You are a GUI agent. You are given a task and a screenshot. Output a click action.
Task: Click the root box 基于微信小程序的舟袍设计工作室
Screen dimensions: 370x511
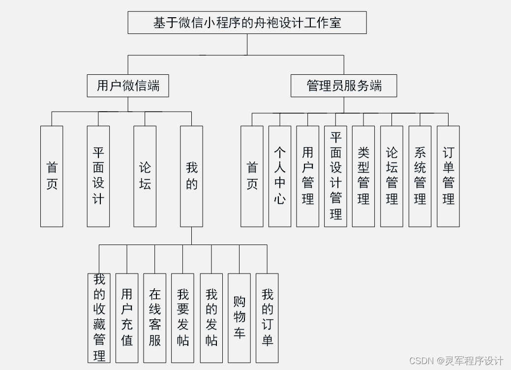coord(247,23)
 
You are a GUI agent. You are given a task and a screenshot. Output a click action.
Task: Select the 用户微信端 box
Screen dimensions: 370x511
coord(128,86)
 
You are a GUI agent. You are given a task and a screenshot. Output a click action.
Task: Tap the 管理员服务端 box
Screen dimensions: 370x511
coord(344,86)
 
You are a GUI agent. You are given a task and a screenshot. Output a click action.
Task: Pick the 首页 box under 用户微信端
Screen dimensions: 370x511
coord(52,176)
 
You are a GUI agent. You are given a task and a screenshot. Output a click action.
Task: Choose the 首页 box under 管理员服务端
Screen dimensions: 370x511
coord(252,176)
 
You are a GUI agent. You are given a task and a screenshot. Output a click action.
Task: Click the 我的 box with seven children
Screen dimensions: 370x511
coord(191,176)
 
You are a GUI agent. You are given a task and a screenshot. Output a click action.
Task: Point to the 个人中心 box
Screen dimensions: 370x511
coord(280,176)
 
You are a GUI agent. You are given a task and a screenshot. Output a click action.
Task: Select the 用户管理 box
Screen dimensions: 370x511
coord(308,176)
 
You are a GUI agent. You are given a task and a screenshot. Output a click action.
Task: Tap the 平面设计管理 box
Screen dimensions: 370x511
coord(335,176)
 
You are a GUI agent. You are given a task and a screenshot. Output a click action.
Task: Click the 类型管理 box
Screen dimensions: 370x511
coord(363,176)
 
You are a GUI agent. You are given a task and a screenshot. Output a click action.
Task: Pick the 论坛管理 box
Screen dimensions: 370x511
coord(391,176)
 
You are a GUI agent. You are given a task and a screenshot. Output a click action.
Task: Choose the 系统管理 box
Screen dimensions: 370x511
coord(420,176)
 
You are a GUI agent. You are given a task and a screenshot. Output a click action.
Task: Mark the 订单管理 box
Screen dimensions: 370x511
coord(448,176)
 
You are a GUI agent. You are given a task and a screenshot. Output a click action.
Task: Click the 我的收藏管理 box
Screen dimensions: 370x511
coord(99,318)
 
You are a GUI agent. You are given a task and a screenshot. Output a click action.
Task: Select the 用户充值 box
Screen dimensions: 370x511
coord(127,318)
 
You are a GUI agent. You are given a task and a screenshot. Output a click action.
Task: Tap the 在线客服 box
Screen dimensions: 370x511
coord(154,318)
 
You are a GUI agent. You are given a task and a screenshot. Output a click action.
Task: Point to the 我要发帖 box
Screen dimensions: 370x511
coord(182,318)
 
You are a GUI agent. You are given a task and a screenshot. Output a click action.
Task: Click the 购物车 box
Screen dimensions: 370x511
coord(239,318)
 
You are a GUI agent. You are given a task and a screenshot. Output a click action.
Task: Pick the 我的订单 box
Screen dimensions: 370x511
coord(267,318)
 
